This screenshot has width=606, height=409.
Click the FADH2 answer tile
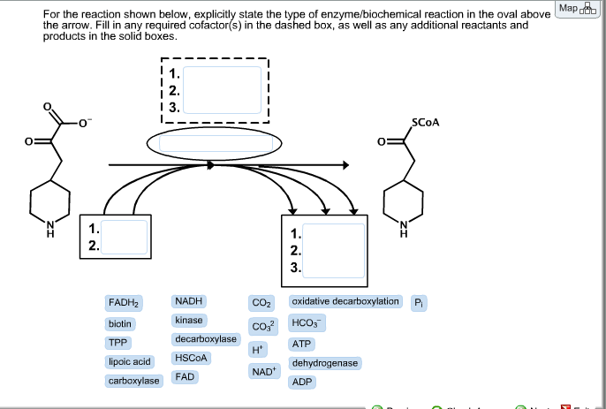125,302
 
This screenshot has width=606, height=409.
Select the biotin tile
121,323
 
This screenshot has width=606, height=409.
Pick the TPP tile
117,343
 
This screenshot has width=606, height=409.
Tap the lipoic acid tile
130,361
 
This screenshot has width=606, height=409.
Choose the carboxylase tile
133,381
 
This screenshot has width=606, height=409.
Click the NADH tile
189,302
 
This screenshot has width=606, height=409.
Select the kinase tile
189,320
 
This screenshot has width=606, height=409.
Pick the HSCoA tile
191,358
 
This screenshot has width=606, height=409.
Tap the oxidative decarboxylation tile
345,302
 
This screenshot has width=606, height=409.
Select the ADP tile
302,382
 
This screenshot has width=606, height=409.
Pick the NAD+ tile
263,371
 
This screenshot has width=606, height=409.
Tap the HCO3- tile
307,323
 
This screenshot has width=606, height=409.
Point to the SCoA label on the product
424,124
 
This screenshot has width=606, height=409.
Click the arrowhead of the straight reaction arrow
345,164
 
